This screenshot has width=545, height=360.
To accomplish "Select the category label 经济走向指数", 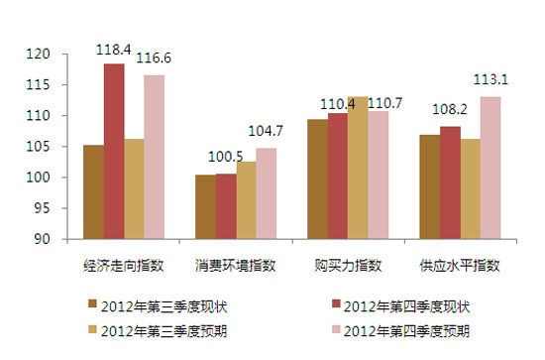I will click(125, 266).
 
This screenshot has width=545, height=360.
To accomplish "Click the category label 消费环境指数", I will click(236, 266).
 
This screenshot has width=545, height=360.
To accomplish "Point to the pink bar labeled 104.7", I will click(266, 193).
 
